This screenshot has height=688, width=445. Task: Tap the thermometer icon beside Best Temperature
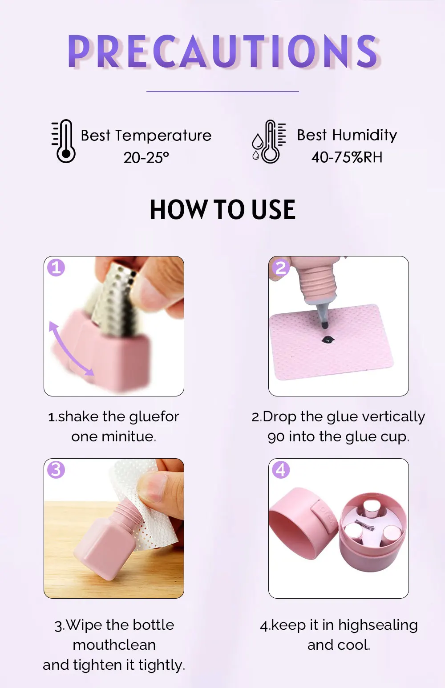[x=64, y=141]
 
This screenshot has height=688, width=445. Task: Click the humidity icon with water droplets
[x=268, y=142]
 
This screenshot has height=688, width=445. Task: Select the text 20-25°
[x=146, y=157]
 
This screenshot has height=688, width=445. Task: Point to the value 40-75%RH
[x=347, y=157]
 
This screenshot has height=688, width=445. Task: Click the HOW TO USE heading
[x=222, y=210]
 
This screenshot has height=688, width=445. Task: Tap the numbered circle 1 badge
[x=56, y=268]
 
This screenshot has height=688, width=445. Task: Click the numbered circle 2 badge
[x=281, y=268]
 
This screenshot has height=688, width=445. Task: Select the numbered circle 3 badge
[x=56, y=470]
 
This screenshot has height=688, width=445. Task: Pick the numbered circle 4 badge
[x=281, y=470]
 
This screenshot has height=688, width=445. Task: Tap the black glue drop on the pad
[x=327, y=340]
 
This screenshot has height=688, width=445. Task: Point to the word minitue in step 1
[x=129, y=436]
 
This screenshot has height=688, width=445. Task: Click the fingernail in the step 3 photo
[x=158, y=488]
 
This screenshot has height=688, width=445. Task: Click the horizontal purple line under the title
[x=222, y=92]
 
